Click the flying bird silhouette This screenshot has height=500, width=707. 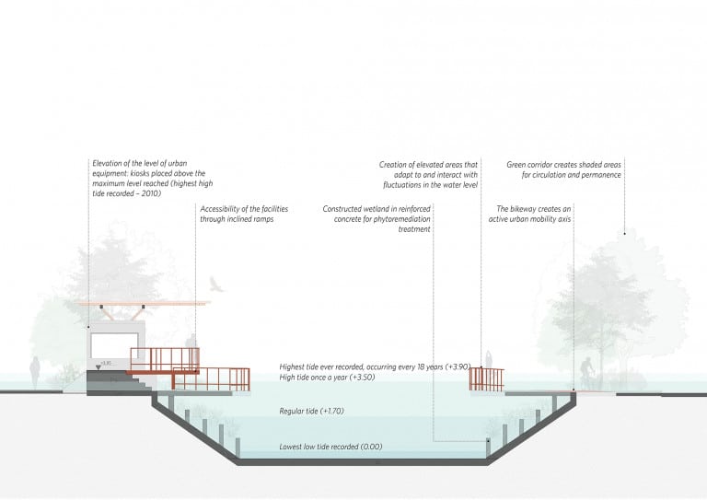[x=216, y=285]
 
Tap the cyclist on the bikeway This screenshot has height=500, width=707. [x=587, y=373]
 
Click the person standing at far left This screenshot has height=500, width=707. [x=35, y=372]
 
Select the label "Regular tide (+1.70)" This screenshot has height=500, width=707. [x=311, y=412]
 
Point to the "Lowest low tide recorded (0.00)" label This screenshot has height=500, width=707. [x=330, y=447]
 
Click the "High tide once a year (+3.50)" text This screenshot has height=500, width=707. [x=327, y=378]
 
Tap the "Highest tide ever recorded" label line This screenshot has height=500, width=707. [x=375, y=367]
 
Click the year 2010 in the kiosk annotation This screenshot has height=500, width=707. [x=151, y=194]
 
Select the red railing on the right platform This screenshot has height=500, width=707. [x=486, y=379]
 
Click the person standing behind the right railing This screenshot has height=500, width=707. [x=488, y=360]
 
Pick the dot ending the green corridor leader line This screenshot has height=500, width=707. [x=624, y=234]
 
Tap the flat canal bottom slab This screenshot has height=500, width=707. [x=362, y=462]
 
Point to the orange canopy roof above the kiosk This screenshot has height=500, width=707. [x=144, y=304]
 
